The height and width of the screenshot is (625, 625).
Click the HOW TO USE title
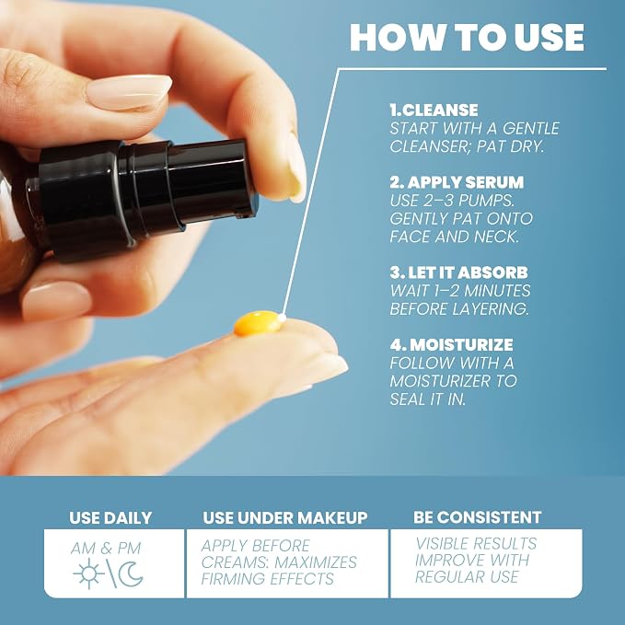[x=467, y=37]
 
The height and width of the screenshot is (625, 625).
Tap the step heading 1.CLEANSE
[x=434, y=110]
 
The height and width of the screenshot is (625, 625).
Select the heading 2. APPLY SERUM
[x=457, y=182]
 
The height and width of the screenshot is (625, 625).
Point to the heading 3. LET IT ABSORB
[x=458, y=272]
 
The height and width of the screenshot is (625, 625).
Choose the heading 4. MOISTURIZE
[x=452, y=345]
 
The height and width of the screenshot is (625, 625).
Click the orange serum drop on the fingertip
[x=257, y=323]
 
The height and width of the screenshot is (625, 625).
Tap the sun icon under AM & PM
[x=89, y=573]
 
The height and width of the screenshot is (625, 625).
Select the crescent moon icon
[x=131, y=574]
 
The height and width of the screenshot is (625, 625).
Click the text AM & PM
[x=106, y=549]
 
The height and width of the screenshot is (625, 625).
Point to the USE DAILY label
[x=110, y=518]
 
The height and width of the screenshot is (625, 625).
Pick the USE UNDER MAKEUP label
[x=285, y=518]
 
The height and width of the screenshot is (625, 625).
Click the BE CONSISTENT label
[x=477, y=517]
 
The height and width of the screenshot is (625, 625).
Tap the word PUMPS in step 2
[x=486, y=201]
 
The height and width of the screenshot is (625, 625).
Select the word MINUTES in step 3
[x=497, y=291]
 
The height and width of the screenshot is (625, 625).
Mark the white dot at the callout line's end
[x=283, y=318]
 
